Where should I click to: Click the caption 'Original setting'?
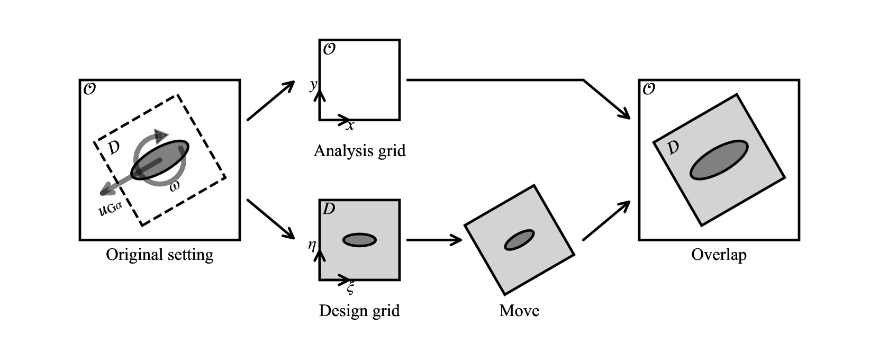160,255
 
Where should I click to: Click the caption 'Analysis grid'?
359,151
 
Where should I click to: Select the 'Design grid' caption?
359,310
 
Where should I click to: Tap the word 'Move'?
519,310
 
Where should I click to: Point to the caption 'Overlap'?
719,255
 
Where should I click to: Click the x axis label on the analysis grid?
350,126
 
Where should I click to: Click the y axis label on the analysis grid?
313,85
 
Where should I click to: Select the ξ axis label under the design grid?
350,288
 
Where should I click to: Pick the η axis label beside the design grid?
312,245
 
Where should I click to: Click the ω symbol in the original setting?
175,186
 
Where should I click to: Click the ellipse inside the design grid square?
359,240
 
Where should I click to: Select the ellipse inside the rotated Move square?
519,240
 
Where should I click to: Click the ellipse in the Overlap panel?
719,160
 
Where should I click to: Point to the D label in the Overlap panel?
673,148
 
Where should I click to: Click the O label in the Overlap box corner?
648,89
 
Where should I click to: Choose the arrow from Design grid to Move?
434,240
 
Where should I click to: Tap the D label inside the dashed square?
113,148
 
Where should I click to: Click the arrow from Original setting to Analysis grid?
271,101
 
